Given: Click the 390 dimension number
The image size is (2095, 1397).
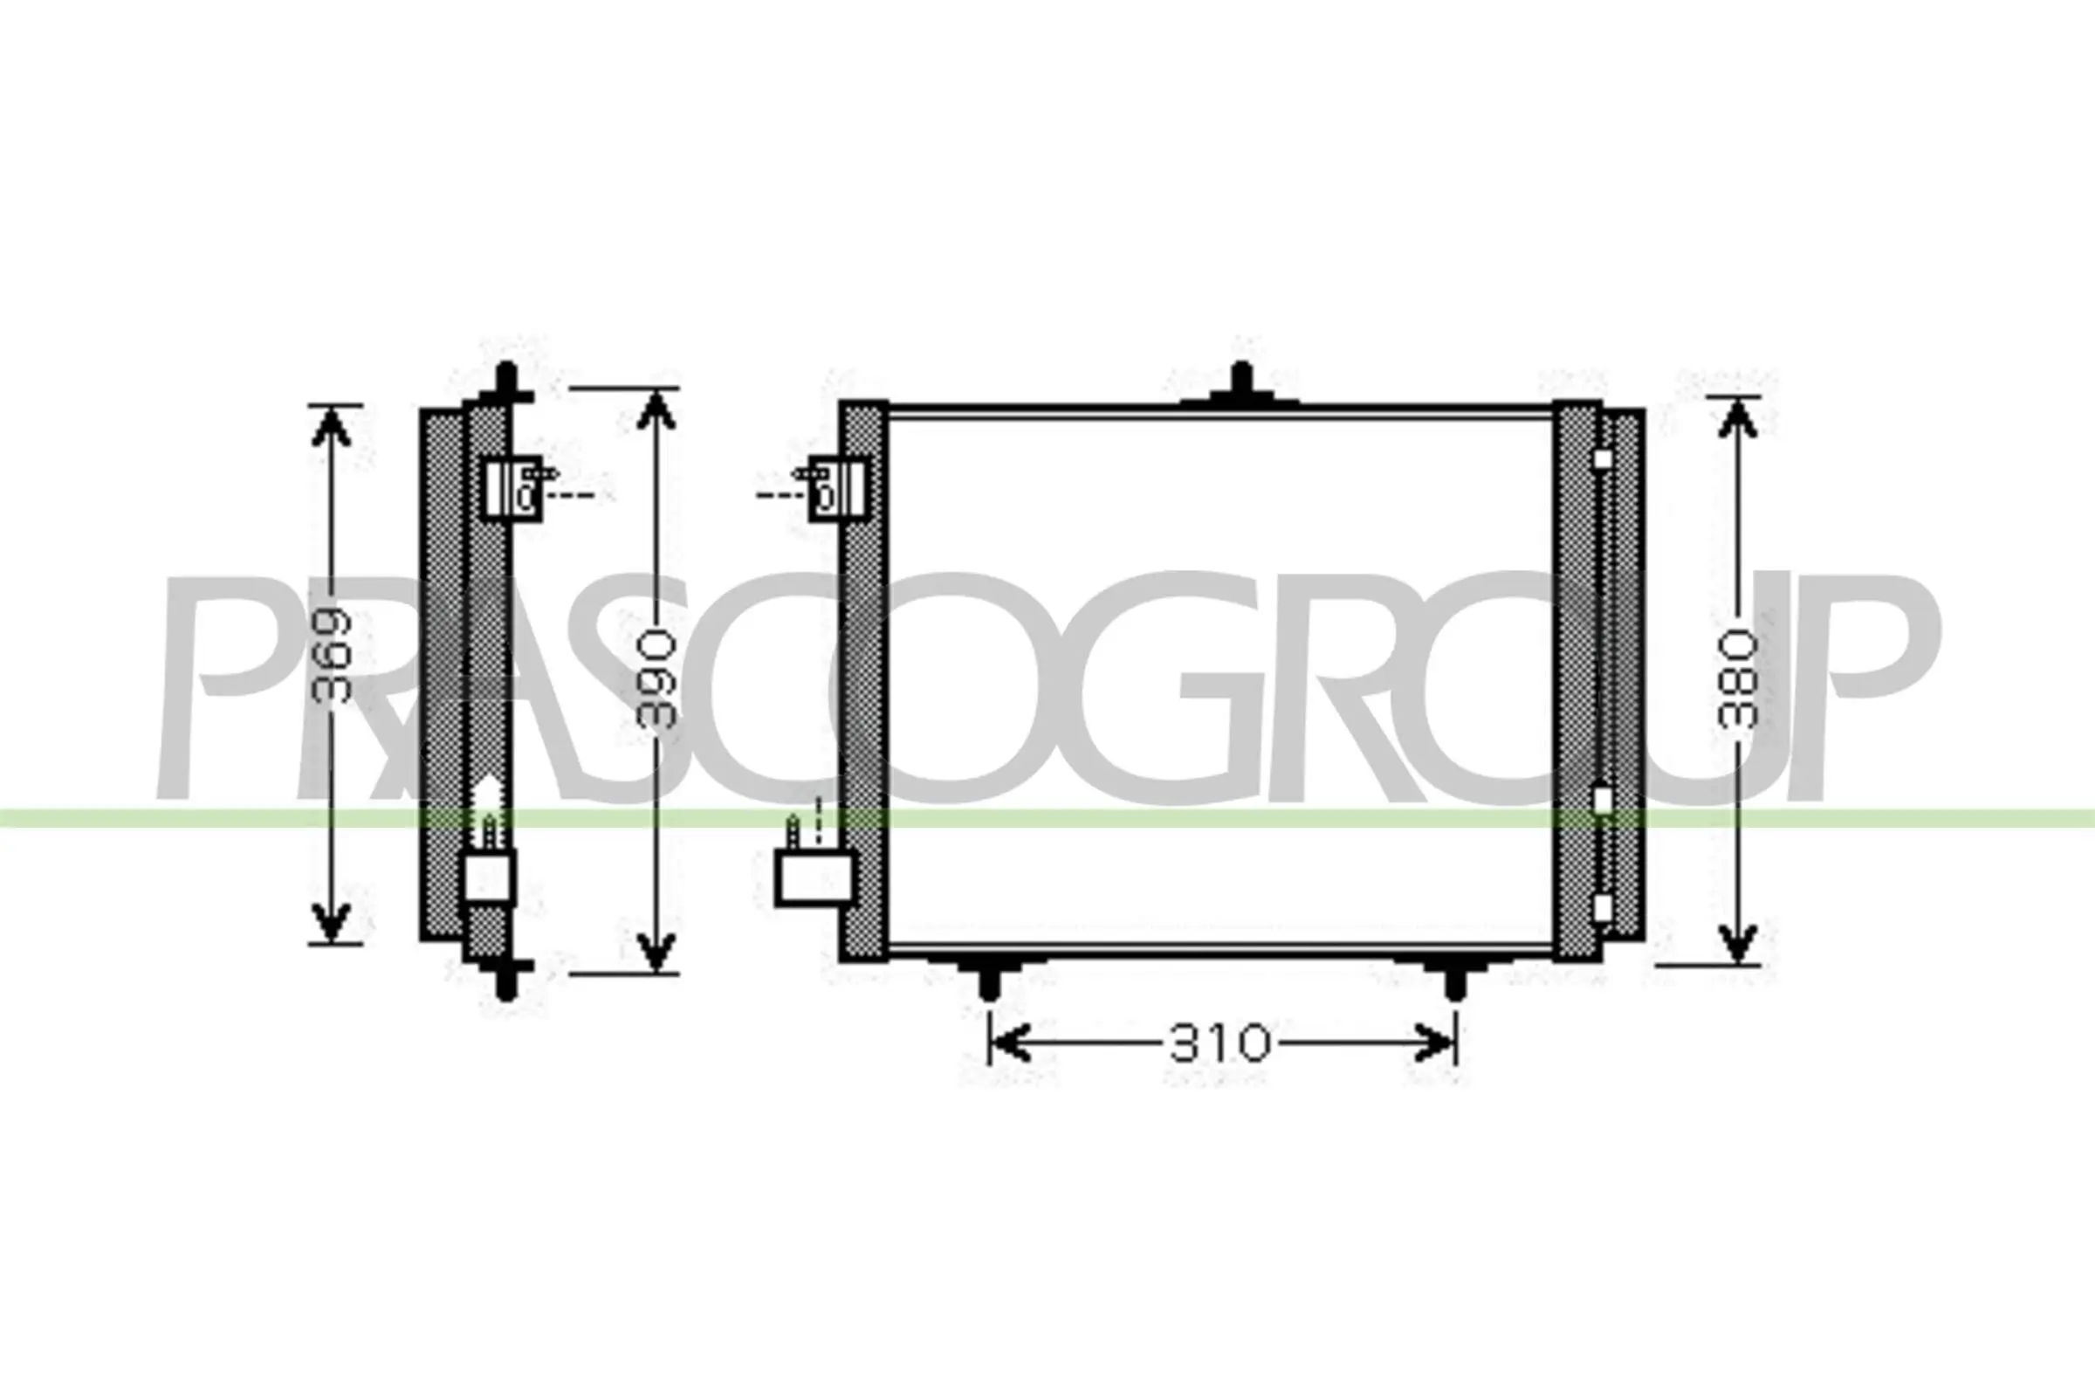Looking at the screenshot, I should tap(656, 678).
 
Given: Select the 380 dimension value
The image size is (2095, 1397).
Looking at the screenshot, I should tap(1737, 679).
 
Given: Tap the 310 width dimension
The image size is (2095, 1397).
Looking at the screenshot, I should tap(1219, 1043).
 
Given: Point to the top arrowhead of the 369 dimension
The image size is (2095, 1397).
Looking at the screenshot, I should tap(331, 426).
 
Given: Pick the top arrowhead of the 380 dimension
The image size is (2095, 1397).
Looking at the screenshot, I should tap(1737, 418).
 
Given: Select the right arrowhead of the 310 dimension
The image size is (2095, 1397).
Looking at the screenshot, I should tap(1434, 1043).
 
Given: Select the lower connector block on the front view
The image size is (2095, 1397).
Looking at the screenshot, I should tap(814, 877).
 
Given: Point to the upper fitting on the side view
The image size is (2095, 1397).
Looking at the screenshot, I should tap(513, 488).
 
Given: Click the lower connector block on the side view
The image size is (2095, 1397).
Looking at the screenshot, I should tap(489, 877).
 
